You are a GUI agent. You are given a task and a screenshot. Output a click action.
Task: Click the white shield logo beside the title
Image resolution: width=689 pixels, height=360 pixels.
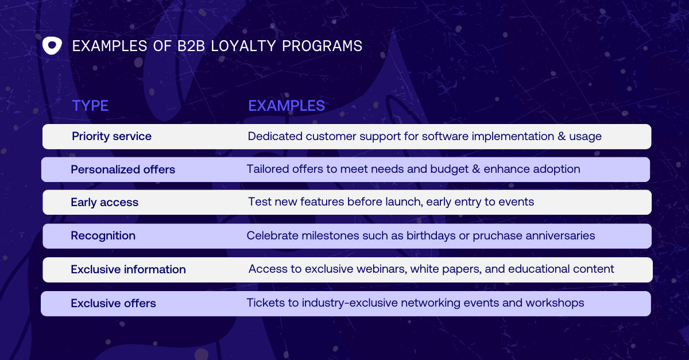(x=52, y=46)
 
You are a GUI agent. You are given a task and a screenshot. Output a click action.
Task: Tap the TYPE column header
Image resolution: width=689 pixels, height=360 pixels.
(x=90, y=106)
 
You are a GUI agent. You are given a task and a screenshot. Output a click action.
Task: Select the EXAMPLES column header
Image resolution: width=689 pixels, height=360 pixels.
(x=287, y=106)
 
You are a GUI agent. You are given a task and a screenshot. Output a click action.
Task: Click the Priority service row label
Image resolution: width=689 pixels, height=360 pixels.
(x=111, y=137)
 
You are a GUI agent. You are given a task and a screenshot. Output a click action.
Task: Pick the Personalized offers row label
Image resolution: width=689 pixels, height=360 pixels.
(x=123, y=170)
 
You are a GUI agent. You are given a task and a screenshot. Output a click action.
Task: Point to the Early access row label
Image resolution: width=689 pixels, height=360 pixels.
(x=104, y=203)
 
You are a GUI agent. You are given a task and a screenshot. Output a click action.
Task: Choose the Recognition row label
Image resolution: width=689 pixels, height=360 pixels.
(x=103, y=236)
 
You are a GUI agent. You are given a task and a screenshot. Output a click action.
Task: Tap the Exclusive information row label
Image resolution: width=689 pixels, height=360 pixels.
(x=128, y=270)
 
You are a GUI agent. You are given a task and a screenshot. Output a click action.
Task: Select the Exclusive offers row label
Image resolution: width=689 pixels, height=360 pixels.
(x=113, y=304)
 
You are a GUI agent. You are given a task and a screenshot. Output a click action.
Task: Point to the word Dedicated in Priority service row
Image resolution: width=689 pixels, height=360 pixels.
(x=275, y=137)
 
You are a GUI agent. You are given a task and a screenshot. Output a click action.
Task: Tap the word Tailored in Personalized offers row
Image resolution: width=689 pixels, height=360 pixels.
(x=266, y=169)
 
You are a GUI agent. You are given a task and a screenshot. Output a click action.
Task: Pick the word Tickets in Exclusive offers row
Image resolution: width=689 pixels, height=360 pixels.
(x=264, y=303)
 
